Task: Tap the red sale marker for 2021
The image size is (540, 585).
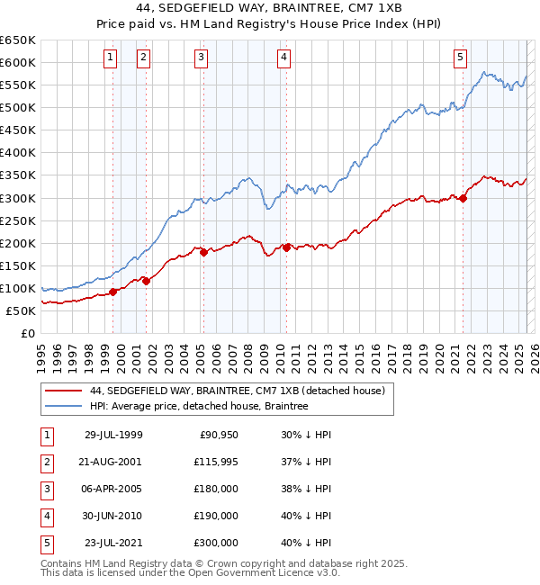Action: (x=463, y=198)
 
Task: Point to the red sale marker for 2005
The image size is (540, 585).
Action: (x=203, y=253)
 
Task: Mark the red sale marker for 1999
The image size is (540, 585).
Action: (x=113, y=292)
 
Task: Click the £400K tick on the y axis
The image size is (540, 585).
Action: (x=20, y=153)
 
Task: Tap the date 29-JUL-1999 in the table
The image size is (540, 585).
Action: (x=113, y=436)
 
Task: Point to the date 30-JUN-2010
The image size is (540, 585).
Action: (x=113, y=516)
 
